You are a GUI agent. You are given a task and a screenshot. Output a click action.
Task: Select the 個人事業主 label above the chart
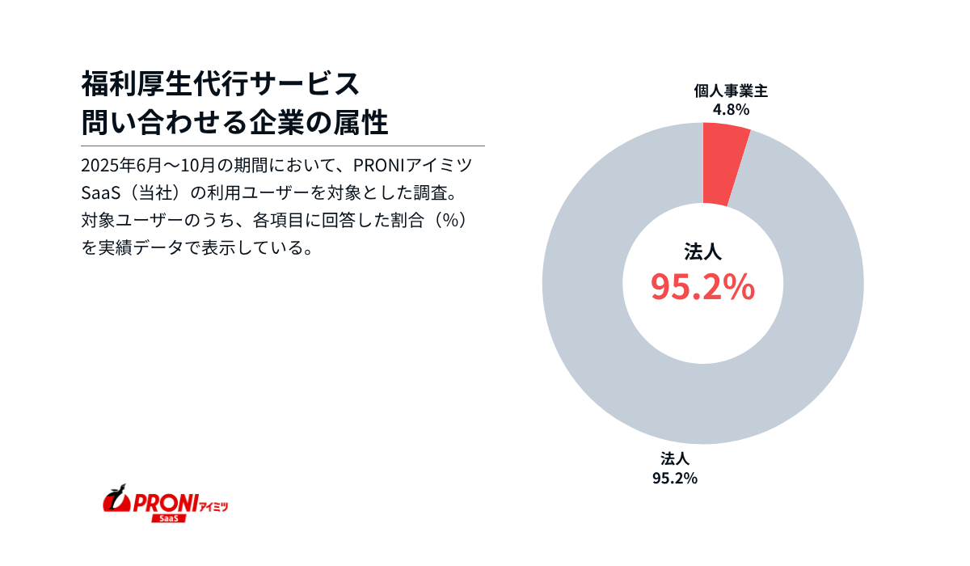pos(731,91)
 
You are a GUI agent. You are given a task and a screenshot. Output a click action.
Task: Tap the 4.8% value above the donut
pos(731,109)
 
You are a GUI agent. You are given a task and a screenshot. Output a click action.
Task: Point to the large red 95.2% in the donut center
pos(702,286)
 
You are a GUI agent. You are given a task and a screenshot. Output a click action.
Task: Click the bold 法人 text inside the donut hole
pos(702,252)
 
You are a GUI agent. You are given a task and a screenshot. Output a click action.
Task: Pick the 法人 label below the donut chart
pos(674,458)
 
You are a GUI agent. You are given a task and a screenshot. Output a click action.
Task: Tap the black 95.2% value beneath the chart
pos(674,477)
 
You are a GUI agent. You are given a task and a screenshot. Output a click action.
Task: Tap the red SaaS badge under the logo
pos(169,517)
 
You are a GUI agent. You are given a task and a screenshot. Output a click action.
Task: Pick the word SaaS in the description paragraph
pos(99,194)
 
